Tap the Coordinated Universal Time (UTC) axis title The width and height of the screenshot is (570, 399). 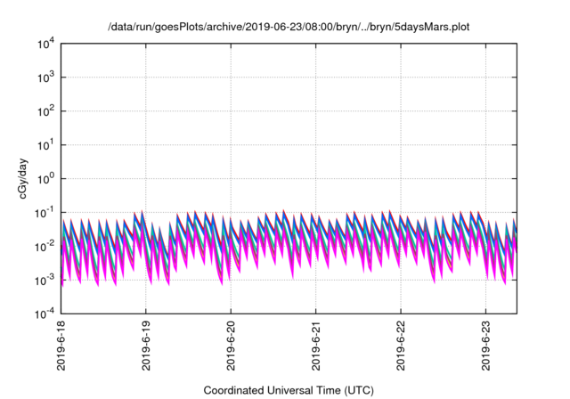pos(289,390)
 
